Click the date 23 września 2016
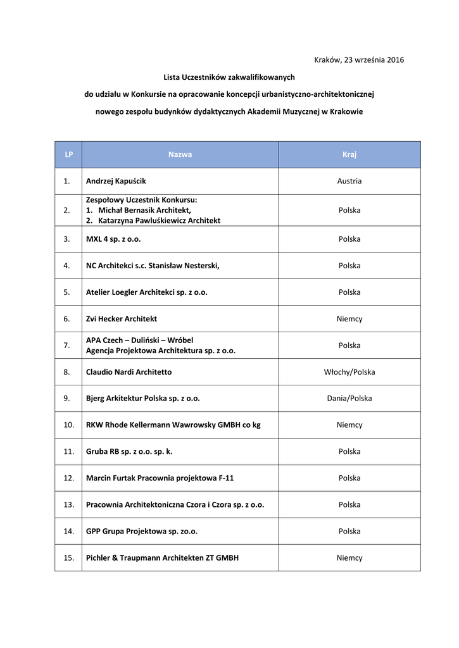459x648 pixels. (374, 60)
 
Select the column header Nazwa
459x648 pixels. (180, 154)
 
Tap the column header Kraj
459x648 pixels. (349, 154)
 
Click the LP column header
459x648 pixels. (68, 154)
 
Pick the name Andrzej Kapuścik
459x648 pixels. (116, 181)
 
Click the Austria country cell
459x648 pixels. (349, 181)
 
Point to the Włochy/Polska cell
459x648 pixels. (349, 372)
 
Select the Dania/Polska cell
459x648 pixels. (349, 399)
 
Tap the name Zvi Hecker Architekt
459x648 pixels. (122, 319)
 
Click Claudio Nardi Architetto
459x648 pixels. (129, 372)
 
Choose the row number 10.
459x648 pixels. (68, 425)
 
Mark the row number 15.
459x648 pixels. (68, 558)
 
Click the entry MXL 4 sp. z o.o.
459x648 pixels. (113, 239)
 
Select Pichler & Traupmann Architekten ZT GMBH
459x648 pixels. (162, 558)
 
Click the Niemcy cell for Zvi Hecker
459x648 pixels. (349, 319)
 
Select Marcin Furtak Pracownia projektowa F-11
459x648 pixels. (160, 478)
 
